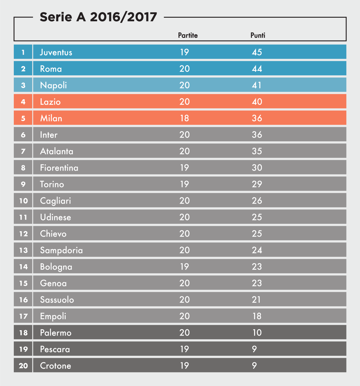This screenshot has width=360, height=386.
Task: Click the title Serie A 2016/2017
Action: click(x=98, y=17)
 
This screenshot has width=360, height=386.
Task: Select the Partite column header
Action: click(x=188, y=35)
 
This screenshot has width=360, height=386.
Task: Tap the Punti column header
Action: click(x=258, y=35)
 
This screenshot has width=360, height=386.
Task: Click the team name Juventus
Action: click(x=56, y=52)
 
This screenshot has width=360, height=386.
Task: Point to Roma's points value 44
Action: click(x=257, y=69)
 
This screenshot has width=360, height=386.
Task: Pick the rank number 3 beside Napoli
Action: click(x=23, y=85)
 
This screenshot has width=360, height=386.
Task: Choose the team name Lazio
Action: click(x=50, y=102)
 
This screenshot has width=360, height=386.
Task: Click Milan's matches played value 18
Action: click(x=184, y=118)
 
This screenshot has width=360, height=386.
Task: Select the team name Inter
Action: click(x=49, y=135)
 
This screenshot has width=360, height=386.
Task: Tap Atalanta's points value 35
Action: click(x=257, y=151)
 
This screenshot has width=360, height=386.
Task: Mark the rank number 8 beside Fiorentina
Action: click(x=23, y=168)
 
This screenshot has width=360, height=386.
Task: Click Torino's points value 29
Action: click(x=257, y=184)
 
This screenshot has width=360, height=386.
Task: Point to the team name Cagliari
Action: click(x=55, y=201)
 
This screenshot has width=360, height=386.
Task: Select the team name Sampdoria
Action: click(x=61, y=250)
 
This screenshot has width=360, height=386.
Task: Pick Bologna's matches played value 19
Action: click(x=184, y=267)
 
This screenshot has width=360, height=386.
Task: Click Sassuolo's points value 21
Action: click(x=256, y=300)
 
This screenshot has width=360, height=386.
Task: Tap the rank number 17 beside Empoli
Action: click(x=23, y=316)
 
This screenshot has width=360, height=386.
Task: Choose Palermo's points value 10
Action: click(x=257, y=333)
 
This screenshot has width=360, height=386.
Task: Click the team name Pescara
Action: click(x=55, y=349)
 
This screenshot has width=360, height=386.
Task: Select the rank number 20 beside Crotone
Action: click(x=23, y=366)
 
